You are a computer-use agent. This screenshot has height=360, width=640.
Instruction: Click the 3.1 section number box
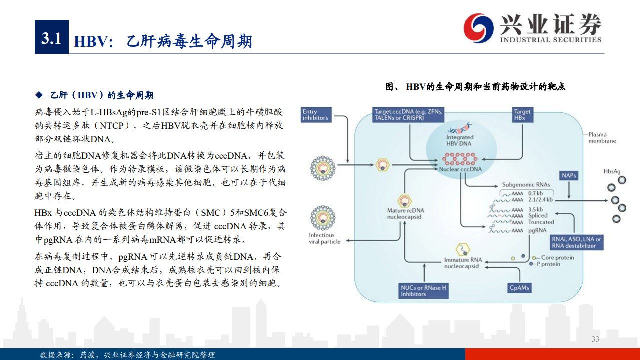pyautogui.click(x=51, y=37)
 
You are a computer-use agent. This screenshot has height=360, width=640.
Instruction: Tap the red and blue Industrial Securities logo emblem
pyautogui.click(x=478, y=28)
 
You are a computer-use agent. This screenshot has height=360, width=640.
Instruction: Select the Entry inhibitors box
pyautogui.click(x=316, y=115)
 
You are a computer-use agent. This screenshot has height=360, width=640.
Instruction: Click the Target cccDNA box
pyautogui.click(x=408, y=115)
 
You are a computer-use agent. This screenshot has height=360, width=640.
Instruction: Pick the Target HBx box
pyautogui.click(x=522, y=115)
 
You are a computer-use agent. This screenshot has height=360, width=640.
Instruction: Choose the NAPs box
pyautogui.click(x=569, y=175)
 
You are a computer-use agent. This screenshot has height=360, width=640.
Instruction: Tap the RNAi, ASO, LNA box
pyautogui.click(x=576, y=242)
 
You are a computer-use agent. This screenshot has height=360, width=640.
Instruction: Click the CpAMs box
pyautogui.click(x=519, y=288)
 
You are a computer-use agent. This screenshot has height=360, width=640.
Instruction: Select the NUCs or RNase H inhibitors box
pyautogui.click(x=423, y=291)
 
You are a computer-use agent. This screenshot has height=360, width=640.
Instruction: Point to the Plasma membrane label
pyautogui.click(x=602, y=137)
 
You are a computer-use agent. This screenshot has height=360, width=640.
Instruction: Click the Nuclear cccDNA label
pyautogui.click(x=460, y=169)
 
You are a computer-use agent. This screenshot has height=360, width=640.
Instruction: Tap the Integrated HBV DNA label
pyautogui.click(x=459, y=140)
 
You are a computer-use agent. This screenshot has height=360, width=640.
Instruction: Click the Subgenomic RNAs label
pyautogui.click(x=526, y=185)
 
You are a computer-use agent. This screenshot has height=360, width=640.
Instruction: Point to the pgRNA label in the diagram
pyautogui.click(x=537, y=230)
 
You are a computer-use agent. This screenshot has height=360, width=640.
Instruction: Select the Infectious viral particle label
pyautogui.click(x=325, y=238)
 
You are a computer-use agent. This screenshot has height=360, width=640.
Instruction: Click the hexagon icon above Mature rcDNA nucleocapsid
pyautogui.click(x=404, y=201)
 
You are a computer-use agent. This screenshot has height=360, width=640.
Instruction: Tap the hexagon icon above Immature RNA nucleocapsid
pyautogui.click(x=463, y=250)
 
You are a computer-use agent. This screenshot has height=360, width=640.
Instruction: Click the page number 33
pyautogui.click(x=595, y=339)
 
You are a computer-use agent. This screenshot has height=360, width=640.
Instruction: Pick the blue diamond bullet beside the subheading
pyautogui.click(x=39, y=95)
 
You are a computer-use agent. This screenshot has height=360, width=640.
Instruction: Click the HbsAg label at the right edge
pyautogui.click(x=612, y=171)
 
